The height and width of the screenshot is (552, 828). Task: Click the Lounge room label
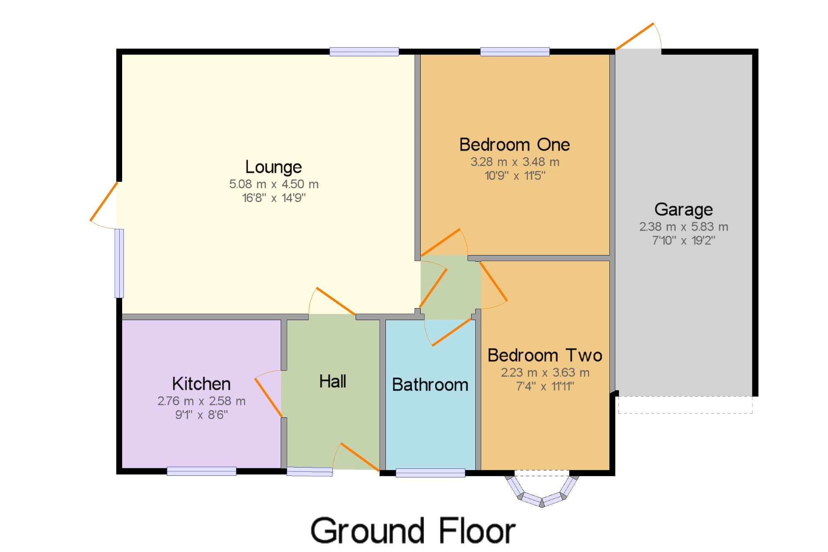tap(274, 167)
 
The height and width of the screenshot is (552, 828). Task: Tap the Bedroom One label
tap(515, 145)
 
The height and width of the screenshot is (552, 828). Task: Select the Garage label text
tap(684, 210)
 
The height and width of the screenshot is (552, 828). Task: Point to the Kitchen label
tap(201, 384)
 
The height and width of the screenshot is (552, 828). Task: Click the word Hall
tap(332, 381)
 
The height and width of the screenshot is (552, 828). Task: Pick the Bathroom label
tap(430, 385)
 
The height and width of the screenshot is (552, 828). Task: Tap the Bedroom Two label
tap(545, 355)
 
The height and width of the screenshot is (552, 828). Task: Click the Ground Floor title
tap(413, 530)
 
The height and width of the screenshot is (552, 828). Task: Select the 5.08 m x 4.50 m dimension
tap(274, 184)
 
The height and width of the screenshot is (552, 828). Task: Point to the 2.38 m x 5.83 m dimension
tap(684, 227)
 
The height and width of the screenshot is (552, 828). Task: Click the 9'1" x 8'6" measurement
tap(201, 415)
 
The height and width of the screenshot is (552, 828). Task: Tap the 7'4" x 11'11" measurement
tap(545, 386)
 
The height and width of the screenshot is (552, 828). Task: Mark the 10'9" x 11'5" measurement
tap(515, 176)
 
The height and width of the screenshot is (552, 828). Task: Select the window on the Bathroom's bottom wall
tap(431, 472)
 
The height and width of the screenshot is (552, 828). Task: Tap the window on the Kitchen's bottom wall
tap(202, 471)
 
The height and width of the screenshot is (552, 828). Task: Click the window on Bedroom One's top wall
tap(515, 52)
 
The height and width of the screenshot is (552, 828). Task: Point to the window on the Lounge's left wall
tap(119, 263)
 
